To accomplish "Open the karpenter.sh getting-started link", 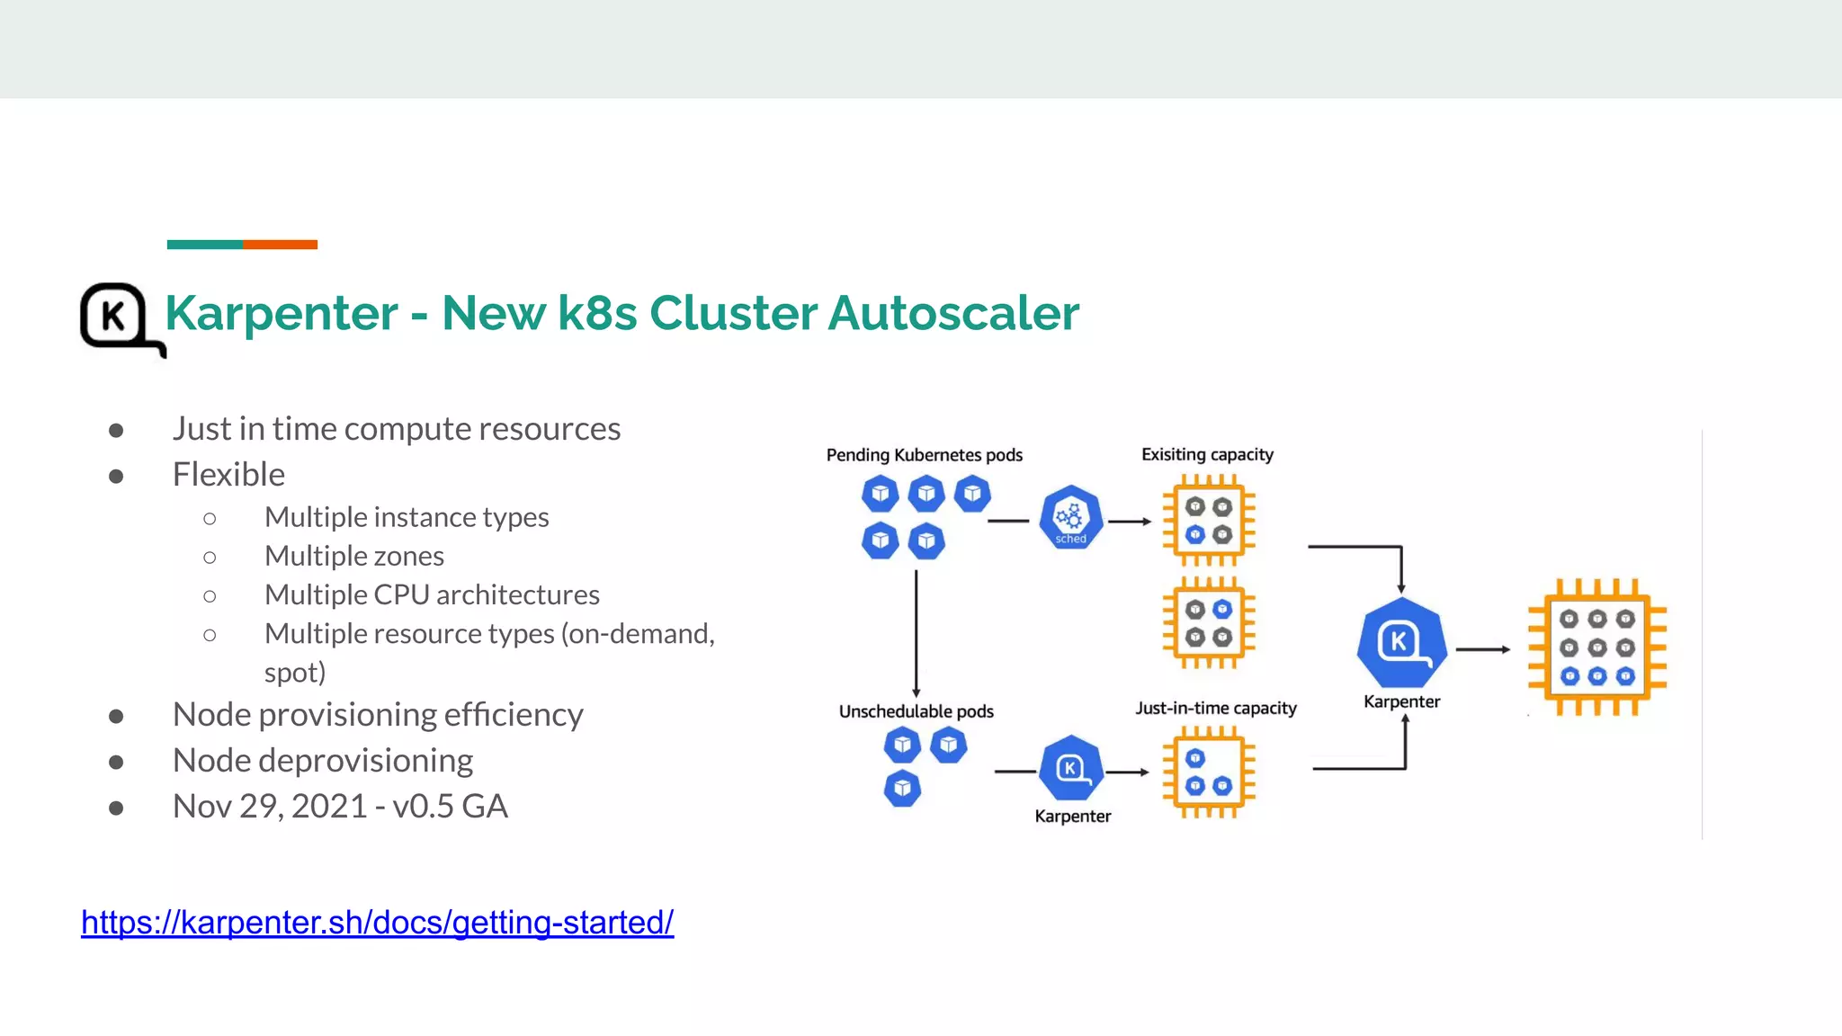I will [x=377, y=922].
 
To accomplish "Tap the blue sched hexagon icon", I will [x=1070, y=518].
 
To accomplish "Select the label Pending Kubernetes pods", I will [x=924, y=455].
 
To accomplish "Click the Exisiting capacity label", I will [x=1207, y=454].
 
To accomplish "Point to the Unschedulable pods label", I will [x=916, y=711].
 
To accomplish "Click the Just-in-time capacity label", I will [x=1215, y=708].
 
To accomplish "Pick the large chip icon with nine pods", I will [x=1597, y=647].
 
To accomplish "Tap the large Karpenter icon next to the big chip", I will [x=1401, y=643].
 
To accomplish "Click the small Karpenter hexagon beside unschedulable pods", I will [x=1070, y=769].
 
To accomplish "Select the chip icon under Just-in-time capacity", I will [x=1208, y=773].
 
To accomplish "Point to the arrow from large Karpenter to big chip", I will [x=1482, y=648].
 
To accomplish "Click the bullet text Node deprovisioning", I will [x=322, y=761].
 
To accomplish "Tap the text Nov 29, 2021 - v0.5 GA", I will [x=340, y=807].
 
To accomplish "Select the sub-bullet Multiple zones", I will [x=353, y=557].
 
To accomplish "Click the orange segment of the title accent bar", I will [x=280, y=245].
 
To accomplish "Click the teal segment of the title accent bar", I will [x=204, y=245].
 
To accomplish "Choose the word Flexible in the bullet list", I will [x=228, y=475].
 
